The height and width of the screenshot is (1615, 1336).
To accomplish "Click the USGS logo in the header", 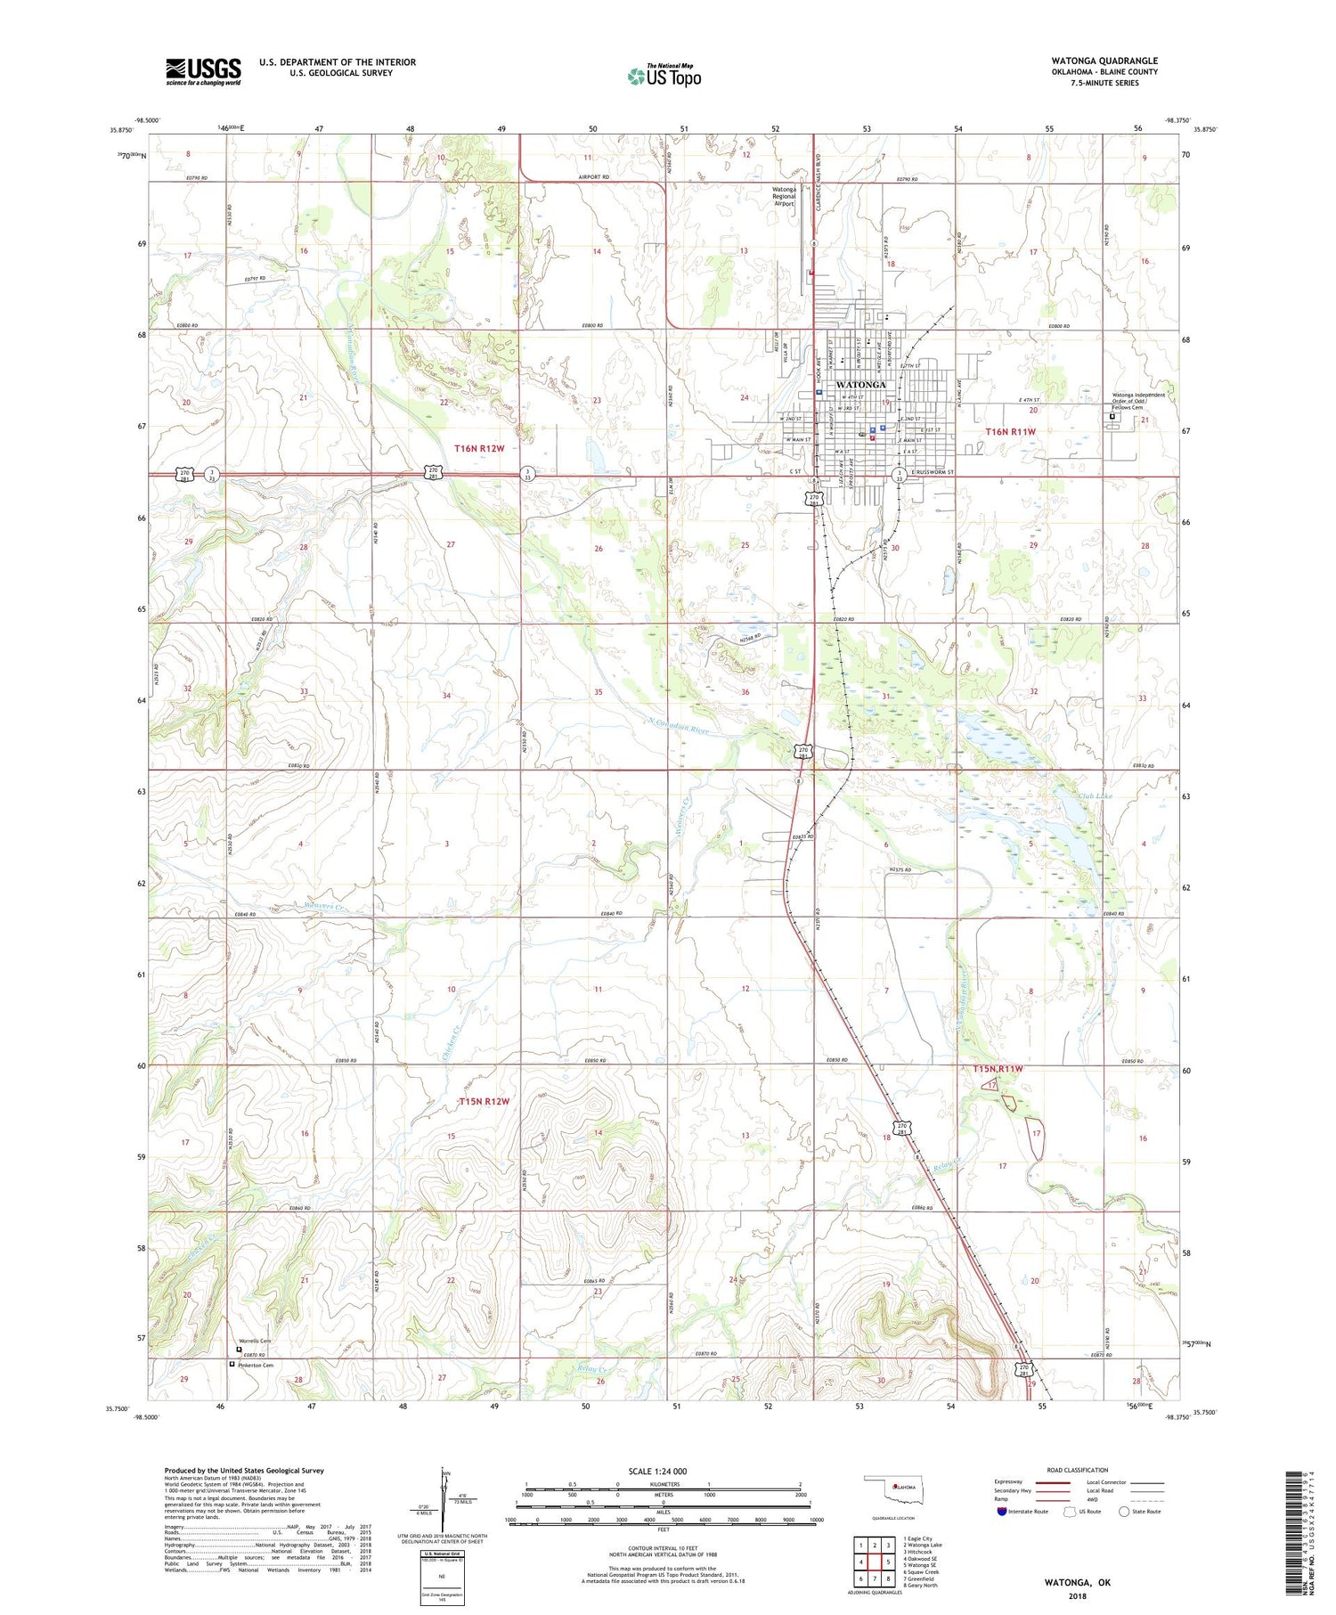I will point(203,71).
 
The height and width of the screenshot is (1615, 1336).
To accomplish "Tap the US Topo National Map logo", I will point(664,76).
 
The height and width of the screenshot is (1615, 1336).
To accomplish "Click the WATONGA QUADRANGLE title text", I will point(1104,61).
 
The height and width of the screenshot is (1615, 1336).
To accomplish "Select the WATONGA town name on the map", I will point(860,385).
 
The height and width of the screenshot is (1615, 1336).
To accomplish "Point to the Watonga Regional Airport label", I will point(784,196).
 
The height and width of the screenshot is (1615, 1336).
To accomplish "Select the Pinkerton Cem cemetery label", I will point(255,1365).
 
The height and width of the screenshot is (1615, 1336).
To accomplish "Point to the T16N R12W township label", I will point(478,448).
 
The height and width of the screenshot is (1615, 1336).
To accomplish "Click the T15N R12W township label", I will point(484,1101).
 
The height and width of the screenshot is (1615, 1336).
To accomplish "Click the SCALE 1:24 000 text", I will point(664,1472).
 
